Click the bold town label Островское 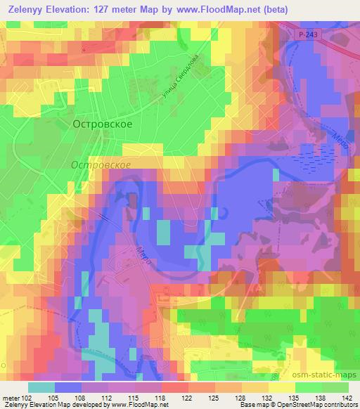coord(102,122)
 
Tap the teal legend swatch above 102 coord(41,387)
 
